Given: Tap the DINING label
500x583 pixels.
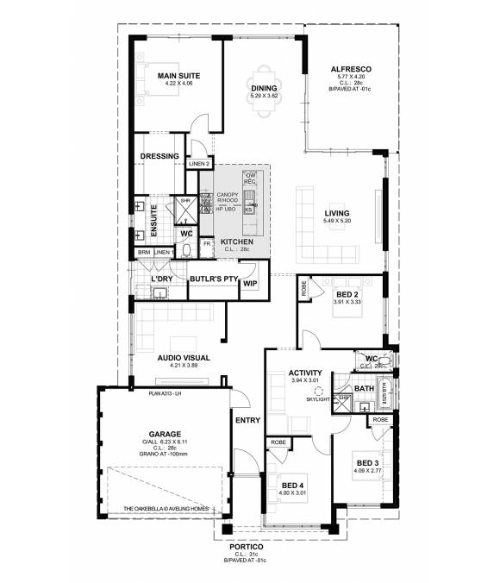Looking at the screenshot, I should coord(264,88).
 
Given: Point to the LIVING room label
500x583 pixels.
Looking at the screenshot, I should coord(337,214).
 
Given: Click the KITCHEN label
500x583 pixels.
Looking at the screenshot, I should coord(237,241).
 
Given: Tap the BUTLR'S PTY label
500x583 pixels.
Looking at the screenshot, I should coord(212,279).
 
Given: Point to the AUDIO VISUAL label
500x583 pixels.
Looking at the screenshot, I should coord(184,356).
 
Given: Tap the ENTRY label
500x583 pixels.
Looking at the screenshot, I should coord(247,420).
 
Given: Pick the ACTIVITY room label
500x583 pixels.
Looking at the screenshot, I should coord(306,373).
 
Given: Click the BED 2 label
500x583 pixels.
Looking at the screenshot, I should coord(348,294).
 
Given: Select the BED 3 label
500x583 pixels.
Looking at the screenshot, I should coord(368,463).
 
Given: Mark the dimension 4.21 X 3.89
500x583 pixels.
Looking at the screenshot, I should coord(184,365).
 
